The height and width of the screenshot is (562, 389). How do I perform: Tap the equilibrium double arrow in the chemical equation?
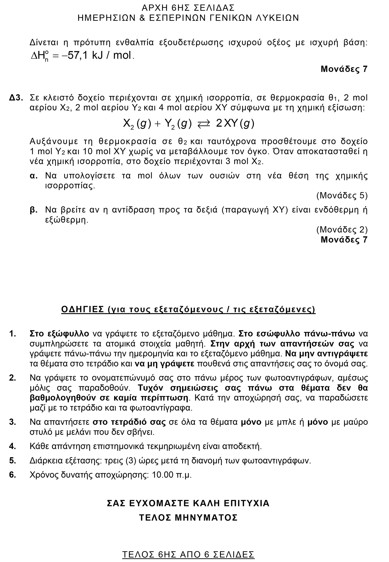(x=203, y=125)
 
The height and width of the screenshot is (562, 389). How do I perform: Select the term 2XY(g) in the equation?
(x=235, y=124)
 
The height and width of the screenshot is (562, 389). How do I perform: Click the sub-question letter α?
(x=34, y=176)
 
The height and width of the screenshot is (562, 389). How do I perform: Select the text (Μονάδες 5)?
(x=342, y=196)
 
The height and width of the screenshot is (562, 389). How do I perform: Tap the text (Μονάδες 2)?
(x=342, y=230)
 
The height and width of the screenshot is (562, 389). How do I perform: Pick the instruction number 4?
(x=12, y=446)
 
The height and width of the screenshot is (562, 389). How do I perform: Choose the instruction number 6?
(x=12, y=475)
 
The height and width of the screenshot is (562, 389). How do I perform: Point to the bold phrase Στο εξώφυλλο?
(x=59, y=334)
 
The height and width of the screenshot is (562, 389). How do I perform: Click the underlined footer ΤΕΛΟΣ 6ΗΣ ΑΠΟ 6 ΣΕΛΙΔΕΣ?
(x=188, y=547)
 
